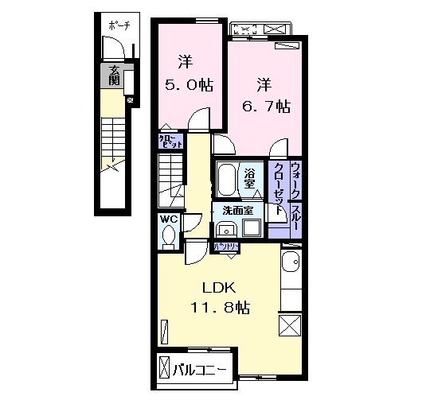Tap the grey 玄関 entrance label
(114, 76)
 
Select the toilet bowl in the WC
(168, 236)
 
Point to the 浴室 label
(249, 179)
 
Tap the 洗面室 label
(237, 212)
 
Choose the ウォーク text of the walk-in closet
(295, 180)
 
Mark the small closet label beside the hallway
(170, 142)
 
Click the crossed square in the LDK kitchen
(290, 325)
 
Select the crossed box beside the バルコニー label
(165, 368)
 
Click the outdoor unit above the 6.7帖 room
(260, 30)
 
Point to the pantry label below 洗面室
(223, 247)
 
